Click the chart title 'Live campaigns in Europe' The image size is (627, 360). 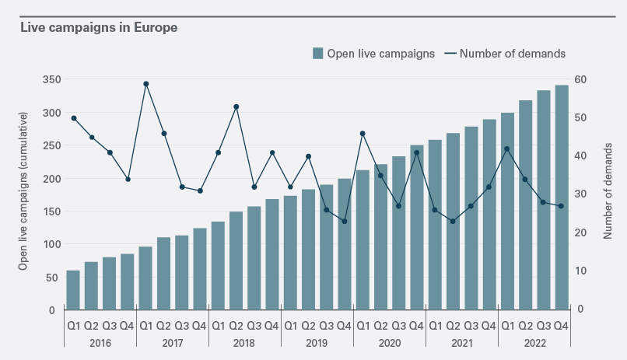click(99, 28)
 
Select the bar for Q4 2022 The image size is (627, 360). click(561, 197)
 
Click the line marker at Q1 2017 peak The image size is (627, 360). click(145, 83)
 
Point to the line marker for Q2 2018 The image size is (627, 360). click(236, 107)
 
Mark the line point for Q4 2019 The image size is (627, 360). click(344, 222)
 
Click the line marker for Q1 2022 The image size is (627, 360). click(507, 149)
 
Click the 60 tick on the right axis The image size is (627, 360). click(580, 79)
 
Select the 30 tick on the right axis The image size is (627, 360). click(580, 194)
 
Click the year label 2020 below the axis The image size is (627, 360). click(389, 342)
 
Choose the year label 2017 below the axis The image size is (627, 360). click(172, 342)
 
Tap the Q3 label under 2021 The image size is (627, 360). click(471, 326)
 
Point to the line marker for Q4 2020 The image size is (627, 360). click(416, 152)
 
